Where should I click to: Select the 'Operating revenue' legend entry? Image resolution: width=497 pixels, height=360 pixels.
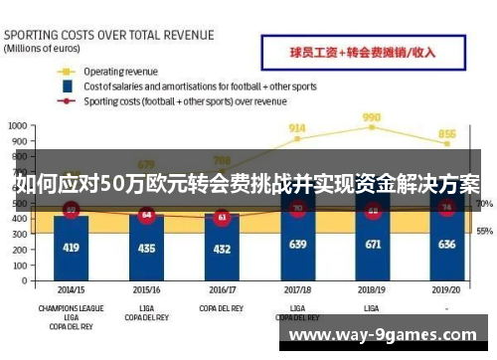tap(120, 72)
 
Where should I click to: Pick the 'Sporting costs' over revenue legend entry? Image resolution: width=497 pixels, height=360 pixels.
tap(185, 100)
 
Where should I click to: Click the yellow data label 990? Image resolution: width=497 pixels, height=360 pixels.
tap(372, 116)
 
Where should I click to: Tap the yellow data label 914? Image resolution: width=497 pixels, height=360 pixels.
tap(297, 127)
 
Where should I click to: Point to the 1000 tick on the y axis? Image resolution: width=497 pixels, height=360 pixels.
tap(17, 126)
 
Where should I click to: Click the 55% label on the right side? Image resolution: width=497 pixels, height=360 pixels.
tap(485, 231)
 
